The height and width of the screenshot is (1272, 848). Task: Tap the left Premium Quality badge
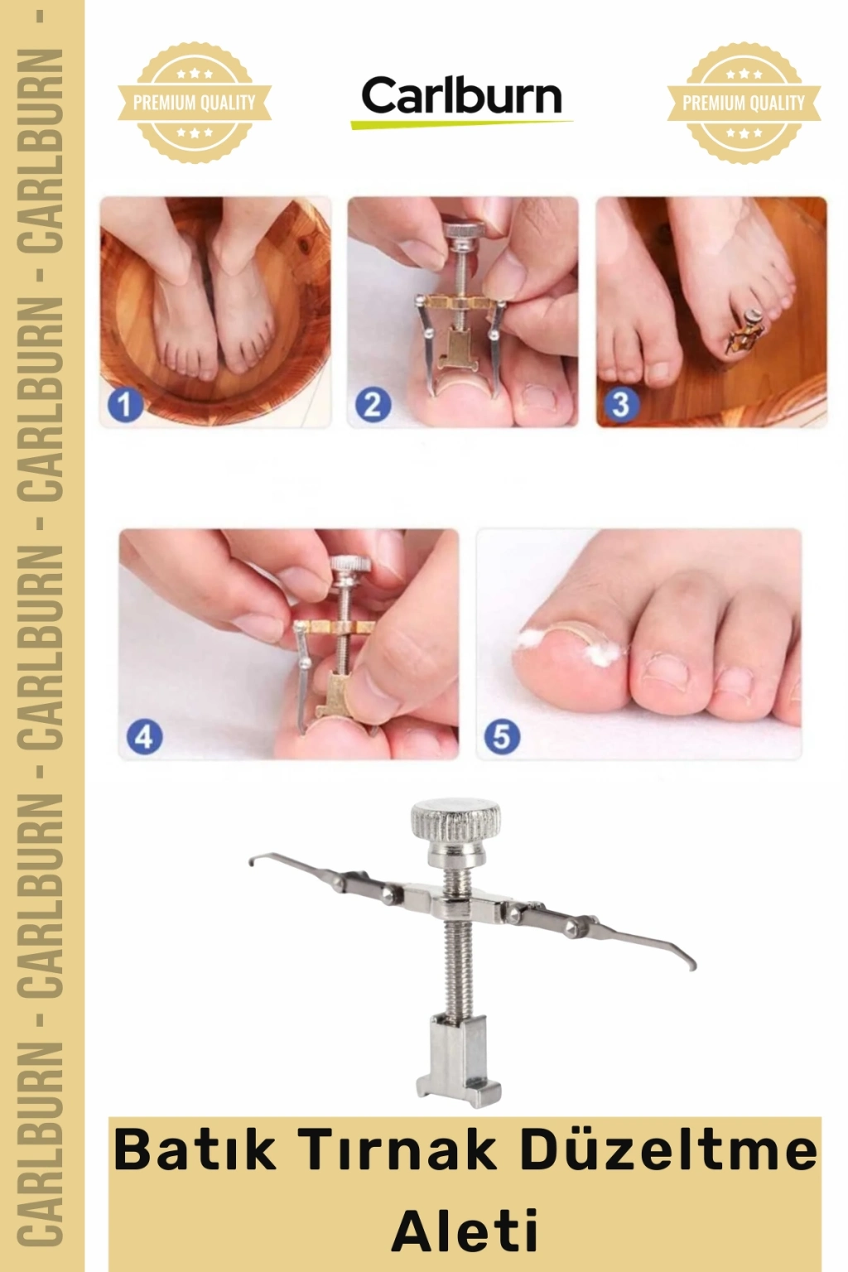point(195,103)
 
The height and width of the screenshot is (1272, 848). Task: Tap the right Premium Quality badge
point(744,103)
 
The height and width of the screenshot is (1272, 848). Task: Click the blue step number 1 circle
point(124,404)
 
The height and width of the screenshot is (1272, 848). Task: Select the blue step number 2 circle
point(373,404)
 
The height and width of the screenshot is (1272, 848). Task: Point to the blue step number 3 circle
point(621,404)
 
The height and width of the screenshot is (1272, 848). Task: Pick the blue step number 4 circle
point(143,737)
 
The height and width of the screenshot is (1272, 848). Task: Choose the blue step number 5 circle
point(502,737)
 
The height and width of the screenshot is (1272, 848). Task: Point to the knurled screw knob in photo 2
point(465,231)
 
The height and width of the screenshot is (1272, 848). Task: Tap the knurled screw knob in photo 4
point(351,565)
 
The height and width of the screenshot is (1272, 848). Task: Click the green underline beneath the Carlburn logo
point(461,123)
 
